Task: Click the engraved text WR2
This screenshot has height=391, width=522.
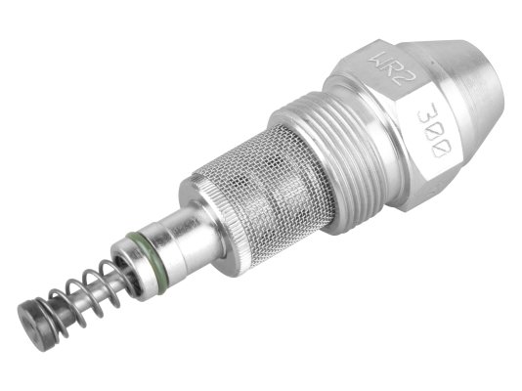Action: click(x=393, y=68)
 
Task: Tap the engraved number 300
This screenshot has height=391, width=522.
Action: click(x=434, y=130)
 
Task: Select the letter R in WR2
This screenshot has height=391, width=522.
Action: click(x=393, y=68)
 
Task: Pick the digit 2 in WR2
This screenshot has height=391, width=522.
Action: click(x=407, y=78)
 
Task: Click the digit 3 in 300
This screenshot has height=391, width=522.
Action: click(x=427, y=111)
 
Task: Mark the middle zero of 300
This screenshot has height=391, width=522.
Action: click(x=435, y=130)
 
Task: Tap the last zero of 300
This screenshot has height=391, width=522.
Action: click(x=443, y=149)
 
